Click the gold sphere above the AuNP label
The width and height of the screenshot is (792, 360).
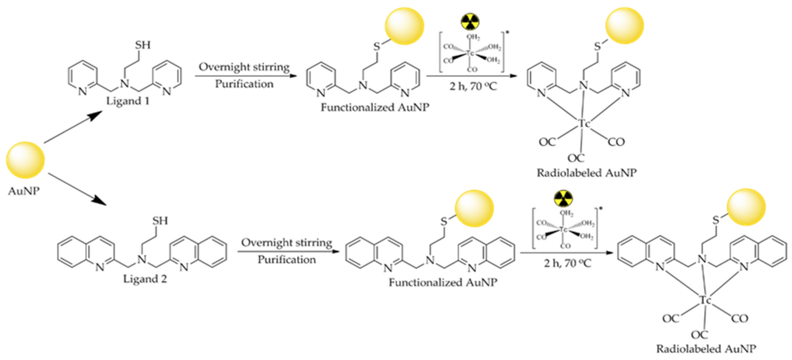click(x=25, y=160)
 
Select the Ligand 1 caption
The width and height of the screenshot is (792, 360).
click(x=128, y=101)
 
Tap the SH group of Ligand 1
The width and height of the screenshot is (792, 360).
click(x=143, y=45)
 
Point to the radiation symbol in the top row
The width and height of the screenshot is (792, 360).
click(x=470, y=22)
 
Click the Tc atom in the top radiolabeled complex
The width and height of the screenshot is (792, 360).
click(x=584, y=124)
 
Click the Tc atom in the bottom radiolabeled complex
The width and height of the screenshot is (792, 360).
click(x=705, y=300)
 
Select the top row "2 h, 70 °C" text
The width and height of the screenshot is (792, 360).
click(x=473, y=86)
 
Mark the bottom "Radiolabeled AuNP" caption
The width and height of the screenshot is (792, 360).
click(x=706, y=349)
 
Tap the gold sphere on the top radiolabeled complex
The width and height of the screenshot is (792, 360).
click(x=625, y=26)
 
